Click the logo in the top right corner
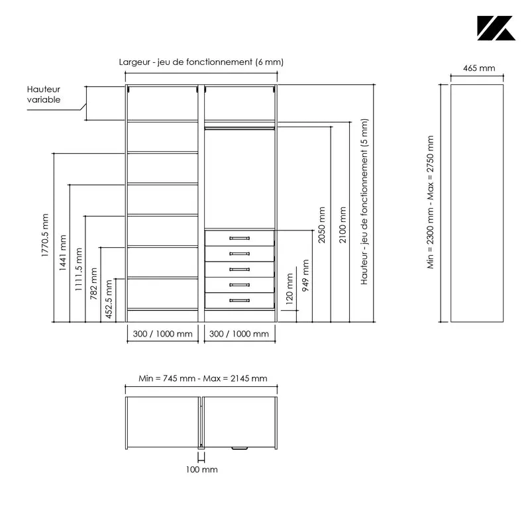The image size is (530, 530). point(496,28)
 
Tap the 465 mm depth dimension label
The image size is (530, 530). point(479,68)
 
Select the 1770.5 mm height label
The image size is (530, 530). point(45,235)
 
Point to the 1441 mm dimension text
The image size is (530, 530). point(63,253)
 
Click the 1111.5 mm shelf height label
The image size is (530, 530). point(78,270)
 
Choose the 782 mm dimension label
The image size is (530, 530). point(93,284)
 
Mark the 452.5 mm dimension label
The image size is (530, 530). point(109,299)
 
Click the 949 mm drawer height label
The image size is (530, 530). point(305,276)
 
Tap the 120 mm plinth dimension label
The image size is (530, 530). point(290,289)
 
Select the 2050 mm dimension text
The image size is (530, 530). point(321,225)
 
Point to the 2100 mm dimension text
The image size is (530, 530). point(343,225)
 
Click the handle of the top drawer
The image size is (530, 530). point(240,238)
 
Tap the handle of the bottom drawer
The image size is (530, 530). point(240,301)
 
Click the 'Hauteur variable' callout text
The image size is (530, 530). point(44,94)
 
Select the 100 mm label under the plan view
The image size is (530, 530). point(202,470)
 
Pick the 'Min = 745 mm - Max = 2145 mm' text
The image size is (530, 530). point(203,378)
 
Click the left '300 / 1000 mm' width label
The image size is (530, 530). point(162,334)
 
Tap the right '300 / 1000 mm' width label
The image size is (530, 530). point(239,334)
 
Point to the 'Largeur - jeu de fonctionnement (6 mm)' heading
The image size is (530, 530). point(201,62)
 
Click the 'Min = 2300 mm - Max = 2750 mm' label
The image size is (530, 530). point(430,202)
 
